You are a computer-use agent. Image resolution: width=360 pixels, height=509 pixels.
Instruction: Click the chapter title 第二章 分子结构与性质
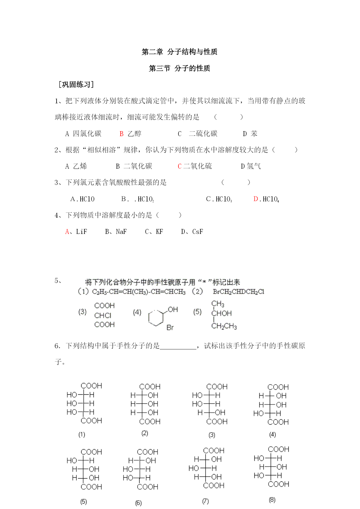(179, 52)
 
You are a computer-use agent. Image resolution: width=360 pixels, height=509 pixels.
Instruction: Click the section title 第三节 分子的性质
(179, 68)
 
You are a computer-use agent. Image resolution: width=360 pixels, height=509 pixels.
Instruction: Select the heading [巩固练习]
(76, 85)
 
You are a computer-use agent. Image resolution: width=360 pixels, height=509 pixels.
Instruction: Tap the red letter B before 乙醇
(122, 134)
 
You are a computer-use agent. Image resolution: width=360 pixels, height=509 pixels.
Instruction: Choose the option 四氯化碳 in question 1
(87, 134)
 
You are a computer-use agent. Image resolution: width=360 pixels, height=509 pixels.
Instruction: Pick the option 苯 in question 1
(254, 134)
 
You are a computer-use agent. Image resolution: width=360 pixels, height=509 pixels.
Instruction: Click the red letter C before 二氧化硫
(180, 166)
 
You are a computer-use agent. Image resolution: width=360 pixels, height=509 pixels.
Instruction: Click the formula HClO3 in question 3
(224, 199)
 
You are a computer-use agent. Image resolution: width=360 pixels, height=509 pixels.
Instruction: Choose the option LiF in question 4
(82, 232)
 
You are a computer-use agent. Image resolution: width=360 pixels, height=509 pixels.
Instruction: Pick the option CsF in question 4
(198, 232)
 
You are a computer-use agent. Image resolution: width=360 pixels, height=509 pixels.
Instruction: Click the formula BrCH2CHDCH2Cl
(238, 292)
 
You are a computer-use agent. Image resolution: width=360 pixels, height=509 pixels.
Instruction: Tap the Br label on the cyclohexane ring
(170, 328)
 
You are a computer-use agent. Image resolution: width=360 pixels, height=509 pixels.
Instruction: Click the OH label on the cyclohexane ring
(173, 310)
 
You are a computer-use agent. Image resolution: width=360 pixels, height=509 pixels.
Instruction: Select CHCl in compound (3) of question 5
(103, 315)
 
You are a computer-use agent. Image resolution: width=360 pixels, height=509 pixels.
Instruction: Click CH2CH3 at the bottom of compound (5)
(224, 326)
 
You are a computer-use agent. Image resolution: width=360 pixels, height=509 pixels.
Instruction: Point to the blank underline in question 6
(178, 346)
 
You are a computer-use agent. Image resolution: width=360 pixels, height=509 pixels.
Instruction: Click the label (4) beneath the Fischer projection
(272, 434)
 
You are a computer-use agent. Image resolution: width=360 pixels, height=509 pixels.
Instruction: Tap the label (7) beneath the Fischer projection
(205, 501)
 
